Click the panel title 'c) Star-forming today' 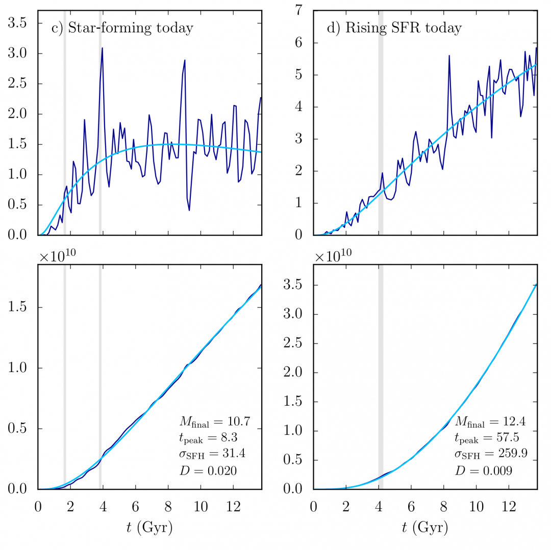coord(122,28)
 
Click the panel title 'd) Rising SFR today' coord(394,28)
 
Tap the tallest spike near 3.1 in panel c coord(102,48)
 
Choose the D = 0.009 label coord(484,472)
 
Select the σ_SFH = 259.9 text coord(486,455)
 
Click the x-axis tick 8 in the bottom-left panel coord(168,506)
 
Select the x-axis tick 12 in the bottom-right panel coord(508,506)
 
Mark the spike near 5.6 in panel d coord(449,56)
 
